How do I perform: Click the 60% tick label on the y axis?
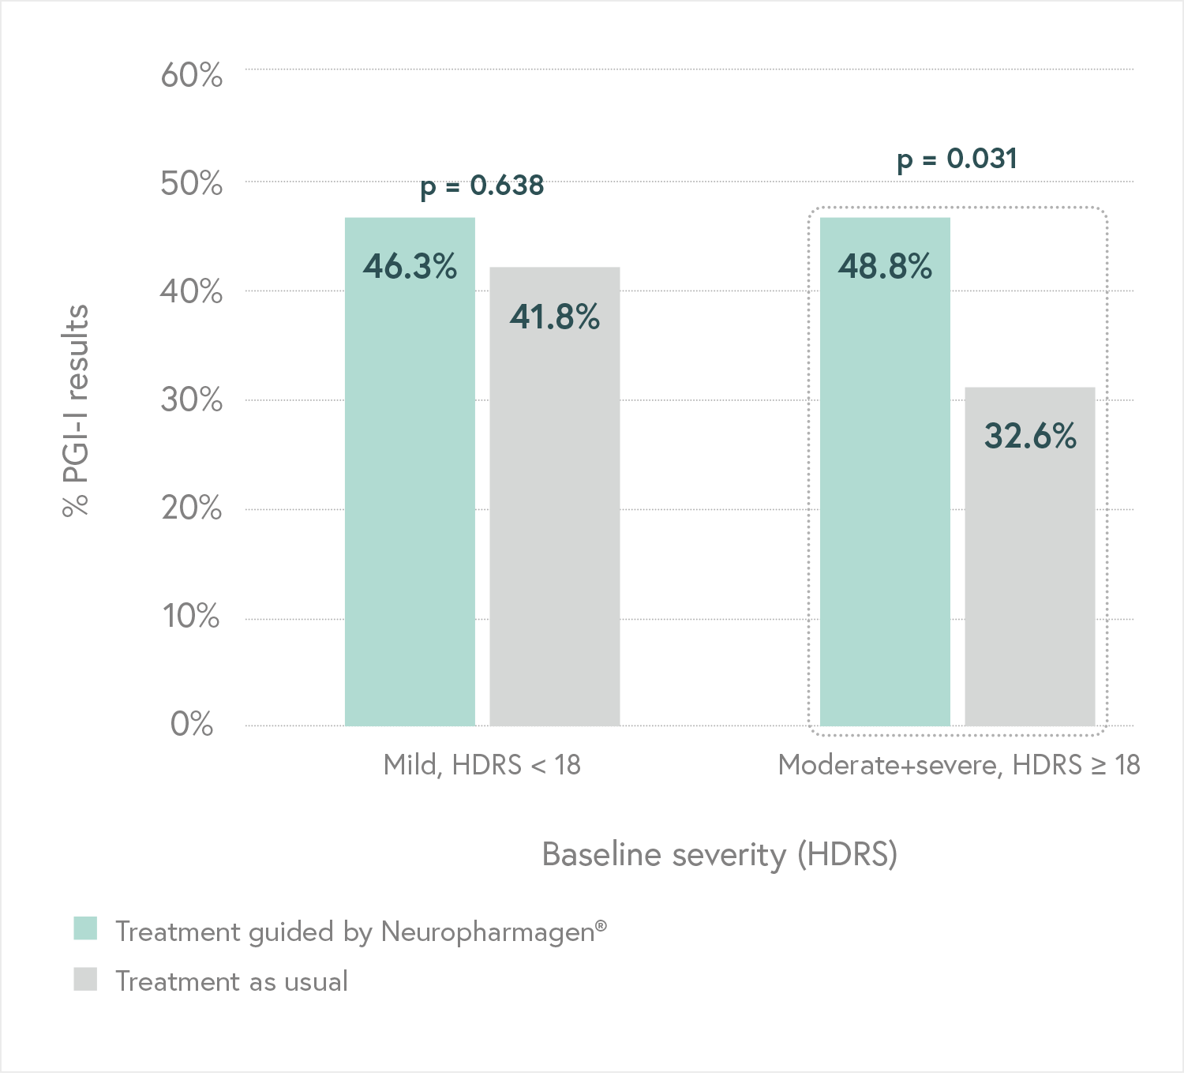pyautogui.click(x=191, y=76)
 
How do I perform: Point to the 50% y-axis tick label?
pyautogui.click(x=191, y=184)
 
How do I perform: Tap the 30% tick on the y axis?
pyautogui.click(x=191, y=400)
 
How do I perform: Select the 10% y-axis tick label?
pyautogui.click(x=191, y=617)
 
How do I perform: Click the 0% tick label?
pyautogui.click(x=191, y=724)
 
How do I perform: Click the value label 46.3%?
pyautogui.click(x=410, y=267)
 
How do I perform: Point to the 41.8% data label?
pyautogui.click(x=555, y=317)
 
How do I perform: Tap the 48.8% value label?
pyautogui.click(x=885, y=267)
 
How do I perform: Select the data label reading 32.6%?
pyautogui.click(x=1030, y=436)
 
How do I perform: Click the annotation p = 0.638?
pyautogui.click(x=481, y=186)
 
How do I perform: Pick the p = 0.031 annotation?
pyautogui.click(x=957, y=159)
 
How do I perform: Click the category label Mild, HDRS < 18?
pyautogui.click(x=481, y=765)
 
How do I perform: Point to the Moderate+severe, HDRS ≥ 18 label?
pyautogui.click(x=958, y=765)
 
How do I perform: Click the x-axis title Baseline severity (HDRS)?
pyautogui.click(x=719, y=855)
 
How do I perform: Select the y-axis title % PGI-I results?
pyautogui.click(x=76, y=411)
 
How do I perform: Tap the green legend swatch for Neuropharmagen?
pyautogui.click(x=85, y=929)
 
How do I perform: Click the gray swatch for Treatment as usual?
pyautogui.click(x=85, y=980)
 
